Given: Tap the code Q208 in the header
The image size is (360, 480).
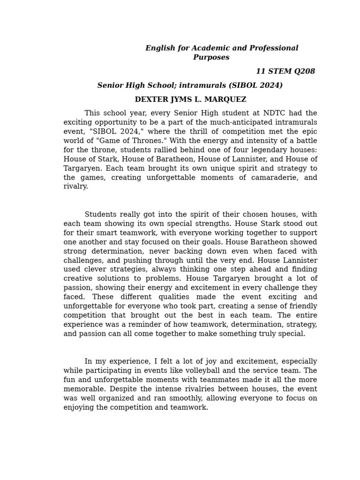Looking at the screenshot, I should click(305, 71).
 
